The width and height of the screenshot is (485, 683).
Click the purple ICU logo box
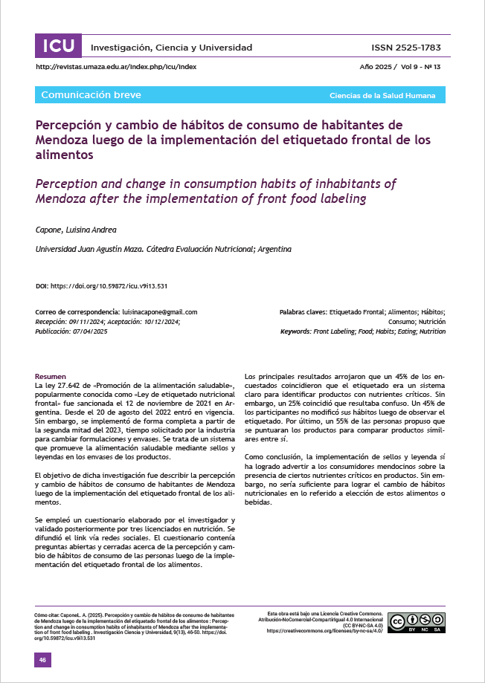(58, 46)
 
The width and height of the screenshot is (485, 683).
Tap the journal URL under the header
(116, 67)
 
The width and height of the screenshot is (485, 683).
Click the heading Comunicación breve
(91, 95)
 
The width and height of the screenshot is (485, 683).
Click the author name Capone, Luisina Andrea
(77, 230)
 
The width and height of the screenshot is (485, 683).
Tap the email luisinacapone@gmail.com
(158, 312)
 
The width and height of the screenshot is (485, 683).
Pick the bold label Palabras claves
(303, 312)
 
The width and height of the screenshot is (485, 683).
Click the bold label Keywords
(295, 331)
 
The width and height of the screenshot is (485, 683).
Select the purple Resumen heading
(51, 376)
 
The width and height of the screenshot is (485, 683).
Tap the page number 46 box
(43, 660)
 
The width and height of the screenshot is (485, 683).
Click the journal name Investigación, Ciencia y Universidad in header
(171, 48)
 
